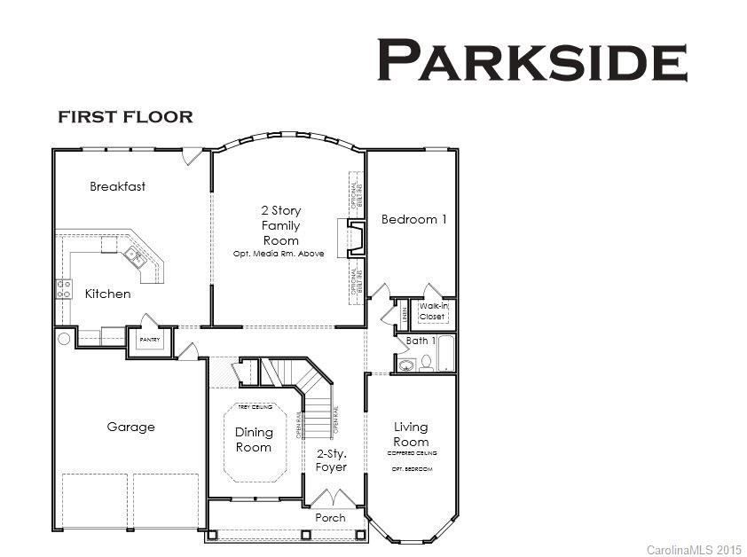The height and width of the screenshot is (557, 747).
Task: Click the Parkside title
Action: point(532,61)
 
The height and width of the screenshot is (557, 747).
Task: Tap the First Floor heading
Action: point(125,117)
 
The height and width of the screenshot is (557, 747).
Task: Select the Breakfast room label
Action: point(117,187)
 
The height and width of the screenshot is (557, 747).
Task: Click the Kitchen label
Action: point(107,294)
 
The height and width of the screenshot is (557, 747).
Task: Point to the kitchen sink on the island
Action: point(135,256)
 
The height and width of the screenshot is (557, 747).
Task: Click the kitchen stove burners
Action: point(64,288)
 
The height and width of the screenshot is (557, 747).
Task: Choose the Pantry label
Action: point(149,340)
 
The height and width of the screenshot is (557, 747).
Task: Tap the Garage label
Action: point(130,427)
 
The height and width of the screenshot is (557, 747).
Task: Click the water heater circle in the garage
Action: point(64,338)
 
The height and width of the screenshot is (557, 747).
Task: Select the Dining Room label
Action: point(254,440)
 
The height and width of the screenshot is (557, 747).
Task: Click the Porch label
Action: point(331,517)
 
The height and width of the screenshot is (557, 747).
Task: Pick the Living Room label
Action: point(411,435)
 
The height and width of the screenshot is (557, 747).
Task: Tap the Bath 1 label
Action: point(421,341)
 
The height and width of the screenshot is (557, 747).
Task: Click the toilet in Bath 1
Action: point(427,364)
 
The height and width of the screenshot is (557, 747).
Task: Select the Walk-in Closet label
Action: point(432,310)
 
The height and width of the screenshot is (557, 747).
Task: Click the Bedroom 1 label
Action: point(413,219)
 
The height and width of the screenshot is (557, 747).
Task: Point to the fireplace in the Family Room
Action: point(352,238)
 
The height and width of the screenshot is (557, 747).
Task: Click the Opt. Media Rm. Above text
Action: point(279,254)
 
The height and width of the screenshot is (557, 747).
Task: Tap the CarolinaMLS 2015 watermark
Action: point(693,550)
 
